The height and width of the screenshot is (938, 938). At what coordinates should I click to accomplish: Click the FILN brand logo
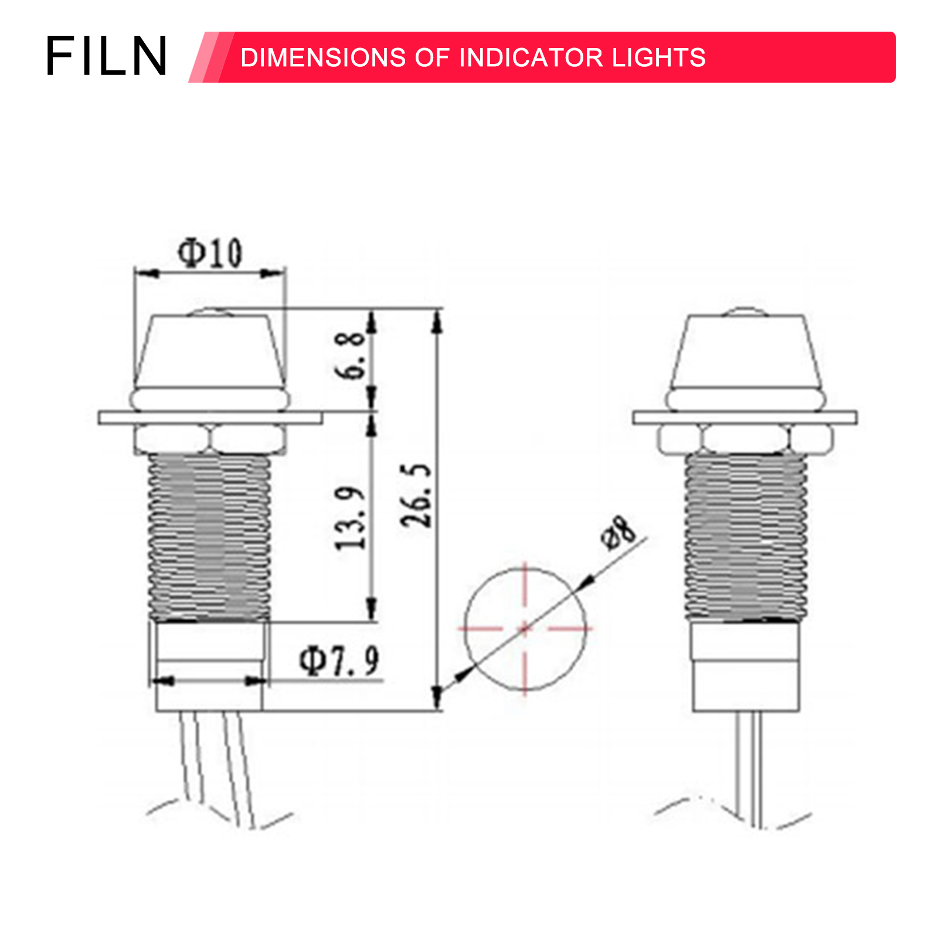(107, 56)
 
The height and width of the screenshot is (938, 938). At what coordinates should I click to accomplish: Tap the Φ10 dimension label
(210, 253)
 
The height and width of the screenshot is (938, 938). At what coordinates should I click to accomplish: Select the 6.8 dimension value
(351, 355)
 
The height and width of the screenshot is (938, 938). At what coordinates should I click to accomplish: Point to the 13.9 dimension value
(351, 518)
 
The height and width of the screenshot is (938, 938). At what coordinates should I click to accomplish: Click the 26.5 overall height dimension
(416, 495)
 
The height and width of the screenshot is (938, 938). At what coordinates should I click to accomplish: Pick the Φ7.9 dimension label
(339, 661)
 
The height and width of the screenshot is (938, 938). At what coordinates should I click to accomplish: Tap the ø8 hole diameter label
(618, 532)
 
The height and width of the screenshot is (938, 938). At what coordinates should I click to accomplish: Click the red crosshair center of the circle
(525, 628)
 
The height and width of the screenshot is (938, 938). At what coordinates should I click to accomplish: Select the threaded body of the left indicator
(209, 536)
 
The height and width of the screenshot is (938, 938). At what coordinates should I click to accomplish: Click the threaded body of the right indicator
(746, 536)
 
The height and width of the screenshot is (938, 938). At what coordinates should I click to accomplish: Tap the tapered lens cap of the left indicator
(209, 352)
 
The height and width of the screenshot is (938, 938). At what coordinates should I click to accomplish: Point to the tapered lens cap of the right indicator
(746, 352)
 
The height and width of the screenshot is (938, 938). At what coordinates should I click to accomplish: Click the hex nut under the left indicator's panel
(209, 439)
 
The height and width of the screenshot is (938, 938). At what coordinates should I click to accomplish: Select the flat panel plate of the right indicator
(745, 417)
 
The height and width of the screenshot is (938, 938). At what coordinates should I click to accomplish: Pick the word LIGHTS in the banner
(658, 57)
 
